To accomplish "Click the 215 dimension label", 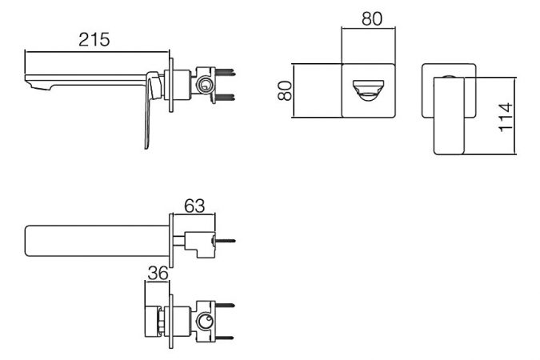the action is [x=94, y=40].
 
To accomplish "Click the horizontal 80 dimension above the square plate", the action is [x=372, y=19].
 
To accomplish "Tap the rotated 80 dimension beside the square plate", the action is [x=285, y=90].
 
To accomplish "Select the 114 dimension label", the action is [x=506, y=117].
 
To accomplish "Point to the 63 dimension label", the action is [x=194, y=206].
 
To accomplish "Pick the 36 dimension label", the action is [x=158, y=273].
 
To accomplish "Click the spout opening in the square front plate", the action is [x=368, y=90].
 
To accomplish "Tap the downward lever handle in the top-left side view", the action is [x=150, y=110].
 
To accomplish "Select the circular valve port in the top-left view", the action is [x=204, y=85].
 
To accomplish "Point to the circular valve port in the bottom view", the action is [x=204, y=322].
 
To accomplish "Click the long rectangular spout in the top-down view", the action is [x=97, y=241].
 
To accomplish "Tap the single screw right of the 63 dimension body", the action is [x=224, y=241].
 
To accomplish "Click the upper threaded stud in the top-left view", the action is [x=226, y=72].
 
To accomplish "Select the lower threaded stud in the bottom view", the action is [x=225, y=338].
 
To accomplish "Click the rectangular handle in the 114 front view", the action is [x=449, y=116].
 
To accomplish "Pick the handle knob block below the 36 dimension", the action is [x=152, y=321].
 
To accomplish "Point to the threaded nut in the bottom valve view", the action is [x=162, y=322].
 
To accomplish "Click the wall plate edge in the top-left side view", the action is [x=171, y=85].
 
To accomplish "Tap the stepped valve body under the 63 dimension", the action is [x=199, y=245].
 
